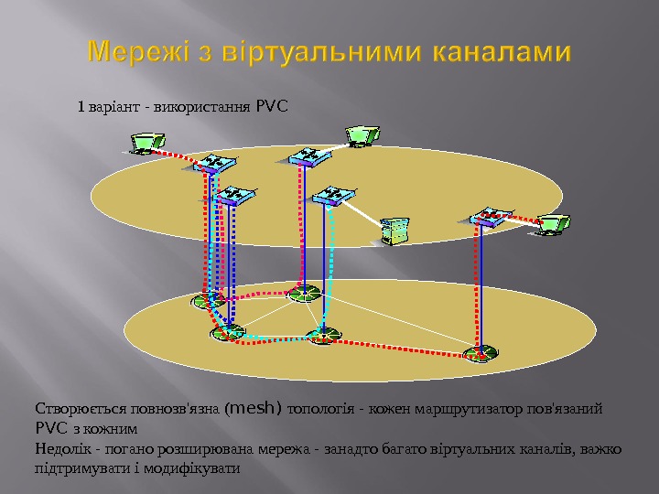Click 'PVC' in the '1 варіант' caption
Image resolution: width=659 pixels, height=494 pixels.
click(x=272, y=107)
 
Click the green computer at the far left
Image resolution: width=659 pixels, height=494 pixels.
click(x=146, y=143)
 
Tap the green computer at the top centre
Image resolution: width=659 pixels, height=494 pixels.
click(x=361, y=135)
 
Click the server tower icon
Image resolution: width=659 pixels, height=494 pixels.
click(x=395, y=231)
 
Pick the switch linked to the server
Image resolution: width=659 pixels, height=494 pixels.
click(x=332, y=195)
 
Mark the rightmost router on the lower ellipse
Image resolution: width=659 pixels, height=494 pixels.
click(x=479, y=353)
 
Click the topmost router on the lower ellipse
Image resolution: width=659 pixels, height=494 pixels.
click(x=304, y=293)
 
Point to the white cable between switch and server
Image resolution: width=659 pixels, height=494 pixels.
click(x=363, y=212)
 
